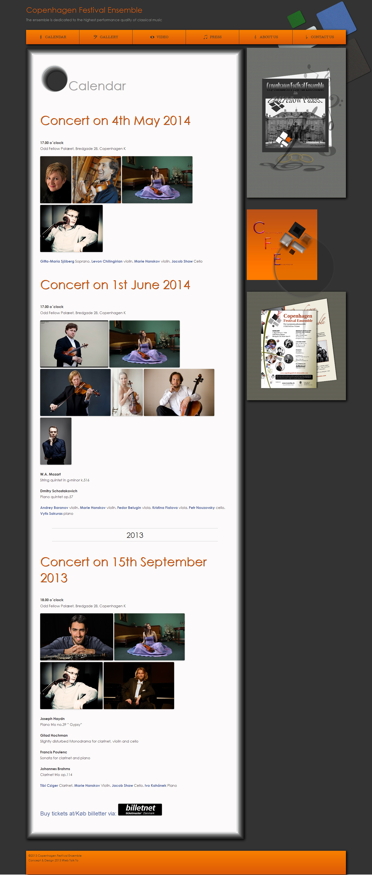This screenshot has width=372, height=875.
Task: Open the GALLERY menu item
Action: [x=106, y=37]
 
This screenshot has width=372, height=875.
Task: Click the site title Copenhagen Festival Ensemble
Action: [x=84, y=10]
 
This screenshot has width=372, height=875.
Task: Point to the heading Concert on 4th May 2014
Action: [x=115, y=121]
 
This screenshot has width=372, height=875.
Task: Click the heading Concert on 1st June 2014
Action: [x=115, y=285]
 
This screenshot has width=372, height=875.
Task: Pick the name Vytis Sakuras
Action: [x=51, y=514]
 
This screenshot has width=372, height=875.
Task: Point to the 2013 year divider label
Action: [x=135, y=535]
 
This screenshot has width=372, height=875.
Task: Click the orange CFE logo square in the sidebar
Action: [x=282, y=244]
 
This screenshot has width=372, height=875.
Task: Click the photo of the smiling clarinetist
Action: [x=77, y=637]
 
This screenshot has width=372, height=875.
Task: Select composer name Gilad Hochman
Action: [x=54, y=735]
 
